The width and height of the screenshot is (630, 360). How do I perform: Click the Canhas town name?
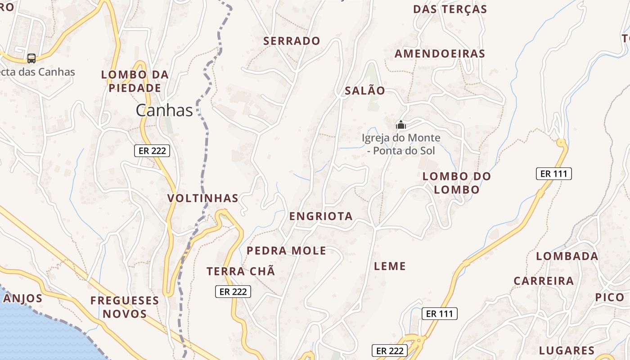[x=164, y=110]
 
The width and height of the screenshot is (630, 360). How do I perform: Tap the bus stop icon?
[x=31, y=58]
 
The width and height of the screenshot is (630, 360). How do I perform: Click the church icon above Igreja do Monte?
[x=401, y=125]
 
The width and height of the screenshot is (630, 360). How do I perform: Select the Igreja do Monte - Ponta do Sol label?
[x=401, y=144]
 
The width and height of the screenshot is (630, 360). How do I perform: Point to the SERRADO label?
[x=292, y=41]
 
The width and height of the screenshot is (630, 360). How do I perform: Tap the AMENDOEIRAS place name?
[x=440, y=54]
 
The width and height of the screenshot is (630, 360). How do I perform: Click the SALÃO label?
[x=365, y=90]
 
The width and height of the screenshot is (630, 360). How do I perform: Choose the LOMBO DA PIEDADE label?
[x=135, y=81]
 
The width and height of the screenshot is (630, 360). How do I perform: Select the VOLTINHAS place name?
[x=202, y=198]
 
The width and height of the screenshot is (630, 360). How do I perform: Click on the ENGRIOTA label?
[x=321, y=216]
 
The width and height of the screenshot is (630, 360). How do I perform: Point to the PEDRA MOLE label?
[x=286, y=251]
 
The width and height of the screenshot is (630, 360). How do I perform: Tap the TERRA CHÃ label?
[x=241, y=271]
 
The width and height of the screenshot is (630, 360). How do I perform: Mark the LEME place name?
[x=390, y=266]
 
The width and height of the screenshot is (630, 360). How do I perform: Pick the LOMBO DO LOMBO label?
[x=457, y=183]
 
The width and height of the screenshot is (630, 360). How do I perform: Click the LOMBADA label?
[x=567, y=256]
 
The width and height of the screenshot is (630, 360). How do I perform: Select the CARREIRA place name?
[x=544, y=281]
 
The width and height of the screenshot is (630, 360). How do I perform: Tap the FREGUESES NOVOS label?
[x=125, y=307]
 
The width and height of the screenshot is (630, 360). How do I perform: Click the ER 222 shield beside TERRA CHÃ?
[x=233, y=292]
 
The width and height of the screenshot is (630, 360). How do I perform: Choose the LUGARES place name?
[x=567, y=351]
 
